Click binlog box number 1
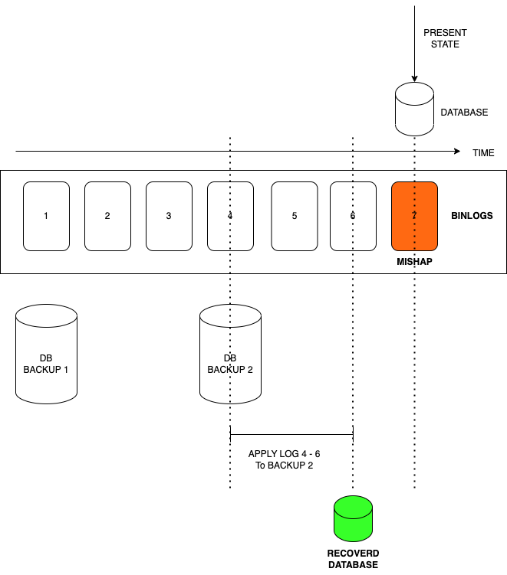[46, 216]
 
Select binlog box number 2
[107, 216]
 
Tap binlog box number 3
[169, 216]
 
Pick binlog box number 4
[230, 216]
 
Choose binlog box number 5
[294, 216]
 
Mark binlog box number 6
[353, 216]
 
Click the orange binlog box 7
[414, 216]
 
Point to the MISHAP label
[414, 261]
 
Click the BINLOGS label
[472, 216]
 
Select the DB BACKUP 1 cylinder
[46, 354]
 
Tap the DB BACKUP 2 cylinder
[230, 354]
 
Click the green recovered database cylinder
[353, 519]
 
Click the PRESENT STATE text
[445, 38]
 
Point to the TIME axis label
[483, 153]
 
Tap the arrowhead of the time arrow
[457, 151]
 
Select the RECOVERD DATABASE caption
[353, 559]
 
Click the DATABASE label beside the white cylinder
[464, 113]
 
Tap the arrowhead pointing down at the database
[414, 78]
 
